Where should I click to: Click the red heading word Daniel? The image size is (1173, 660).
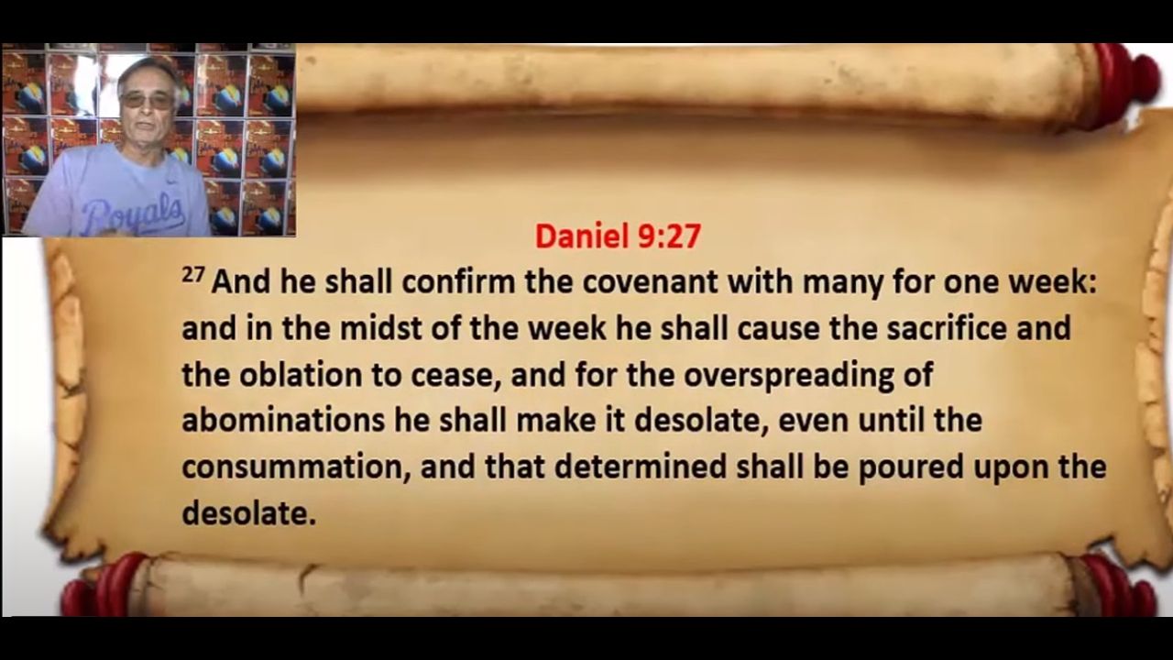tap(581, 236)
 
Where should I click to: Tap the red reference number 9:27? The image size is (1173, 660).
tap(670, 236)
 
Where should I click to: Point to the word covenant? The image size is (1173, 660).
tap(650, 283)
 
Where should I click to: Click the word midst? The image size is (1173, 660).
tap(380, 329)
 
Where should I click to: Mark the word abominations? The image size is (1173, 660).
tap(283, 421)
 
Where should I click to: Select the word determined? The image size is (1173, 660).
tap(641, 467)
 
